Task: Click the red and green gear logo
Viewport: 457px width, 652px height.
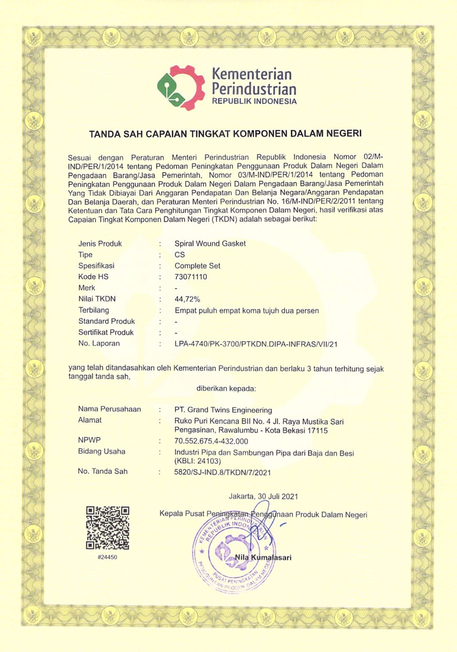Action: (x=181, y=88)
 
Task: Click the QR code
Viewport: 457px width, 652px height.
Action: (x=108, y=528)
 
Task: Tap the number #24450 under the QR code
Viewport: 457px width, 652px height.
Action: (x=108, y=557)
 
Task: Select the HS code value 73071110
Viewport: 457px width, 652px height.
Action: (x=191, y=277)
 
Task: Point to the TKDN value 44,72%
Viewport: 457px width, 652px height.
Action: (x=187, y=299)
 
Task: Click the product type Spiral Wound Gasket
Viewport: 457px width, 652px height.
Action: (x=210, y=244)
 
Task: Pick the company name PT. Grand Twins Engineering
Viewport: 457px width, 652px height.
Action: (x=223, y=410)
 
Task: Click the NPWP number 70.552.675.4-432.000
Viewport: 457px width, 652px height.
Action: (x=211, y=441)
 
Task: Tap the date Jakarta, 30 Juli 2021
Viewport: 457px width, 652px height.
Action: (x=263, y=496)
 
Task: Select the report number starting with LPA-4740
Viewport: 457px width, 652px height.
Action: (x=256, y=344)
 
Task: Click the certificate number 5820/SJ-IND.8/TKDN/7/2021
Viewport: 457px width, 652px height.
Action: (x=222, y=472)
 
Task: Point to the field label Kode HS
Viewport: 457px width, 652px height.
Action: (x=93, y=277)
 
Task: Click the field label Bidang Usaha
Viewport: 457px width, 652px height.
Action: (x=102, y=451)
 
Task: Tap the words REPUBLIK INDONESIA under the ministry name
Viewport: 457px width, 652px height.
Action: (x=254, y=102)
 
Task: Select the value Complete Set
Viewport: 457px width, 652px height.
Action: (x=197, y=266)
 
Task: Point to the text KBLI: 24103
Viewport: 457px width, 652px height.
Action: (x=198, y=461)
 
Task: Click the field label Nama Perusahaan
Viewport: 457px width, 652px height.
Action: (x=109, y=409)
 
